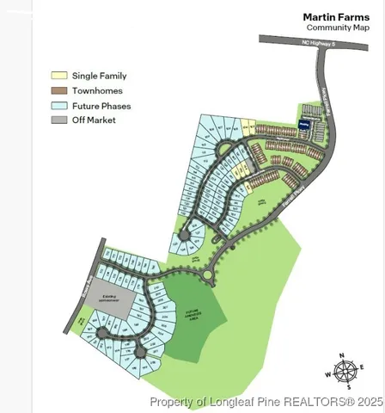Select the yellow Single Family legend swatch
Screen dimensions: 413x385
coord(59,76)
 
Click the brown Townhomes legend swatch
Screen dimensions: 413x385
coord(59,90)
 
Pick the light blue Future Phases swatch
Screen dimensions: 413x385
coord(59,105)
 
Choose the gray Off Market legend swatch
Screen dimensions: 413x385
coord(59,120)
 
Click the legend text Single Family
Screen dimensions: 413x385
coord(100,76)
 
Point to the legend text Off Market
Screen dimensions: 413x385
coord(95,120)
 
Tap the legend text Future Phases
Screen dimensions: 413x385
coord(101,105)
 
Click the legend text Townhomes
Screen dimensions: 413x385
coord(97,90)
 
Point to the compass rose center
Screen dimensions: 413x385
coord(345,372)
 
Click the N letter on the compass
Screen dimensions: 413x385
coord(341,355)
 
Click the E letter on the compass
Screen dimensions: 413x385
coord(362,367)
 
